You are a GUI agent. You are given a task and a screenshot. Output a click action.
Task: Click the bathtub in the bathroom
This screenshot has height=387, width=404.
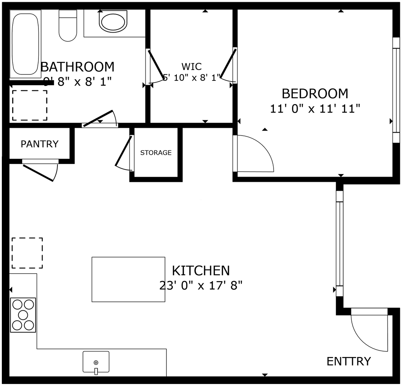pyautogui.click(x=25, y=44)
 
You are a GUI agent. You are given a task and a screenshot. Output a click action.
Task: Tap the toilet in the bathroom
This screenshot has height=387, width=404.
pyautogui.click(x=67, y=26)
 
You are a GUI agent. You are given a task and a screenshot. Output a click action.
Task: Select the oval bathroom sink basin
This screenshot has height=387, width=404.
pyautogui.click(x=113, y=23)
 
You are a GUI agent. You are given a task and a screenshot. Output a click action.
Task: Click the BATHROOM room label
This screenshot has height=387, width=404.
pyautogui.click(x=77, y=67)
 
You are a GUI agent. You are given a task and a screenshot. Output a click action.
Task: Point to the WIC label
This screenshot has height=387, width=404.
pyautogui.click(x=192, y=67)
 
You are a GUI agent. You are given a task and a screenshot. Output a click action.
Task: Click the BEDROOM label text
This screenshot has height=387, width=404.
pyautogui.click(x=315, y=94)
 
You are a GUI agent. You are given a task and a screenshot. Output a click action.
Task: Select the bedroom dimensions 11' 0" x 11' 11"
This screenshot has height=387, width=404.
pyautogui.click(x=315, y=109)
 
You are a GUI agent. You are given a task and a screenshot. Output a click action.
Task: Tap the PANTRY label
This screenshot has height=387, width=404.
pyautogui.click(x=39, y=144)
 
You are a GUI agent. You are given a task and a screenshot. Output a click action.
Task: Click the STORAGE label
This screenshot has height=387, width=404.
pyautogui.click(x=156, y=153)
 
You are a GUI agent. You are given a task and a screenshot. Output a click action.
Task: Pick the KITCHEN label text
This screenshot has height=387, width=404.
pyautogui.click(x=201, y=271)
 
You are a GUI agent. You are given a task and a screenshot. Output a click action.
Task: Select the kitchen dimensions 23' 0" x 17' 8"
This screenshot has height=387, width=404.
pyautogui.click(x=201, y=286)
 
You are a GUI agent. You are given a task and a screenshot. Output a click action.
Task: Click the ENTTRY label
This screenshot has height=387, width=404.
pyautogui.click(x=348, y=361)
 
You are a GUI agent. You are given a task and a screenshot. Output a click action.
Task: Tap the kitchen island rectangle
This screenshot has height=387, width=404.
pyautogui.click(x=128, y=279)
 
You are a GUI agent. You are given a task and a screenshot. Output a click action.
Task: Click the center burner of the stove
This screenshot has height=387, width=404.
pyautogui.click(x=23, y=315)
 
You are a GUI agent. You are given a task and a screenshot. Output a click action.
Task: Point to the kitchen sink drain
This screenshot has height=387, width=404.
pyautogui.click(x=96, y=363)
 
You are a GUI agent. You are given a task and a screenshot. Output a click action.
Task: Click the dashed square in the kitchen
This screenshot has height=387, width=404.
pyautogui.click(x=27, y=253)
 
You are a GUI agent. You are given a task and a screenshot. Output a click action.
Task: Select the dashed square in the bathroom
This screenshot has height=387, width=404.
pyautogui.click(x=30, y=105)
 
